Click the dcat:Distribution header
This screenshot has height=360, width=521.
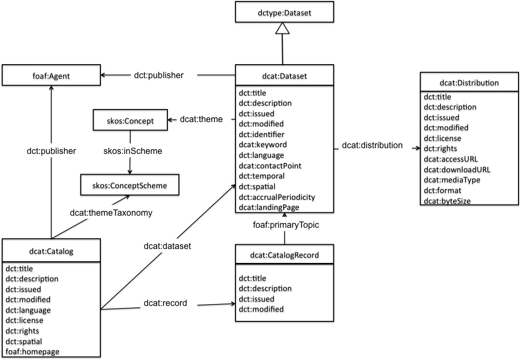(469, 83)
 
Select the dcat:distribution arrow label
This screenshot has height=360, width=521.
(372, 145)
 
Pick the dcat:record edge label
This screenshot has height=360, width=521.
(165, 304)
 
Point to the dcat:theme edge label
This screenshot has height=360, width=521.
(201, 119)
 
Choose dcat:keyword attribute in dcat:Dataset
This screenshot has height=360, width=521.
(263, 144)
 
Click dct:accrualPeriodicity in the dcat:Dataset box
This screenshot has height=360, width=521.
(277, 197)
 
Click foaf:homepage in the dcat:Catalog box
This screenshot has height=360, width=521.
(32, 351)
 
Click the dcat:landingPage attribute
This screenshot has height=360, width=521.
(269, 208)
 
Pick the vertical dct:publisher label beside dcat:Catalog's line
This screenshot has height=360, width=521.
(51, 151)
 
